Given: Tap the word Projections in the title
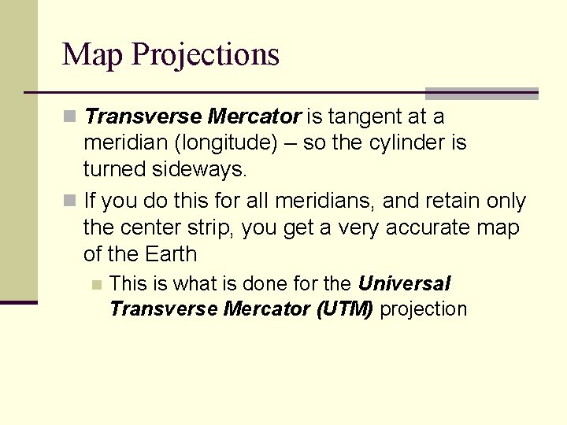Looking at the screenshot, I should tap(206, 55).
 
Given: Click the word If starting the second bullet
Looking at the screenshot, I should tap(90, 201).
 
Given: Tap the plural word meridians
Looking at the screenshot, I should tap(317, 201).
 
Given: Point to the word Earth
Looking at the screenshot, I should tap(171, 255).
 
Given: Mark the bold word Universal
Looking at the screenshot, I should tap(404, 283).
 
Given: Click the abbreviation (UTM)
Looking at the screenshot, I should tap(344, 309).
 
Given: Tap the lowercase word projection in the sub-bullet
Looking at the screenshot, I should tap(424, 309).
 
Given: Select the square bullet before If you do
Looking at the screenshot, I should tap(71, 202).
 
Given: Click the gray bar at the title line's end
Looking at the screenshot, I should tap(481, 93).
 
